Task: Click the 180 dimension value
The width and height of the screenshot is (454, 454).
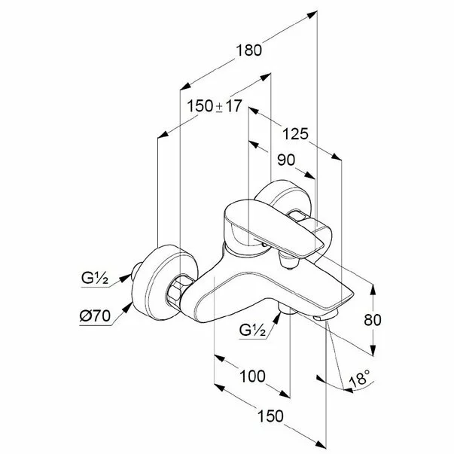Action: click(249, 50)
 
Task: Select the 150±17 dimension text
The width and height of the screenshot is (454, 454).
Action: click(215, 106)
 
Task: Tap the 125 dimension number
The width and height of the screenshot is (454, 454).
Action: click(295, 134)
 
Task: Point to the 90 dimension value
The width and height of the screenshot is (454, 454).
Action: click(286, 160)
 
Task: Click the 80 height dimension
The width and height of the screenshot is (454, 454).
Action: click(373, 320)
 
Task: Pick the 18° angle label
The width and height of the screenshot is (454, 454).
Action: click(360, 378)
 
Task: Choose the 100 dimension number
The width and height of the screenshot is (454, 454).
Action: click(252, 376)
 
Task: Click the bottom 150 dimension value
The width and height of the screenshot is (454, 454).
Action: click(270, 416)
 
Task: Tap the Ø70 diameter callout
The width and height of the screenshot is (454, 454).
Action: click(95, 315)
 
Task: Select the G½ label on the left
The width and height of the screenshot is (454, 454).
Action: click(95, 279)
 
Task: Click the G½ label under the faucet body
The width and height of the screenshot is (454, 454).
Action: click(252, 330)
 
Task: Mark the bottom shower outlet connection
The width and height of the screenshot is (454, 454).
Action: click(287, 309)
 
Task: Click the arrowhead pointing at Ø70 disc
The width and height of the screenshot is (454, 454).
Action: click(127, 307)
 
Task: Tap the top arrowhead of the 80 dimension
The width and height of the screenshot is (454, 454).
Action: click(373, 290)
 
